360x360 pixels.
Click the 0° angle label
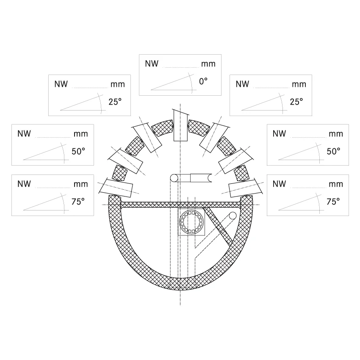203,81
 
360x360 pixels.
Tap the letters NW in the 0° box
152,64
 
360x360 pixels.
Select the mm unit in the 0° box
208,64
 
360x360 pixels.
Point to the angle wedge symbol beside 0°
174,83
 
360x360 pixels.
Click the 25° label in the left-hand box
115,102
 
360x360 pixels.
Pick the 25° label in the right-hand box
296,102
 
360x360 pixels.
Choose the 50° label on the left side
78,151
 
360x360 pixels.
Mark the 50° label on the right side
333,151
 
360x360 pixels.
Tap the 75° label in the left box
78,202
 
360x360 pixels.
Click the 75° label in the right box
333,202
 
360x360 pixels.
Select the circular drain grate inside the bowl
191,222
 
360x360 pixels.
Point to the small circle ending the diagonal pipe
233,216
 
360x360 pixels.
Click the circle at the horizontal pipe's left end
174,178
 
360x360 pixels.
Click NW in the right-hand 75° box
279,184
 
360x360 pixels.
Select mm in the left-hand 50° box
81,134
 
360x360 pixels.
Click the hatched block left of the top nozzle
162,127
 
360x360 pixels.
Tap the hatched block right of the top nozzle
199,127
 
